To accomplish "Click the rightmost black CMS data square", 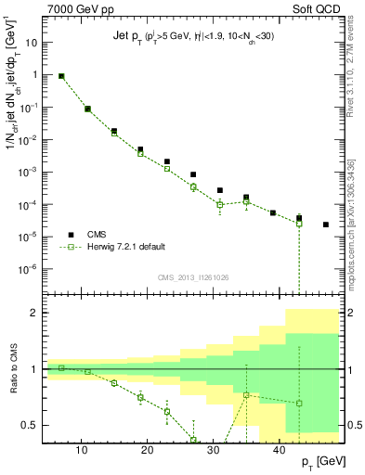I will click(325, 225).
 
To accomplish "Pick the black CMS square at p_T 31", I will click(220, 190).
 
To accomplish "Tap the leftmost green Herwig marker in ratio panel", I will click(61, 368).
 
